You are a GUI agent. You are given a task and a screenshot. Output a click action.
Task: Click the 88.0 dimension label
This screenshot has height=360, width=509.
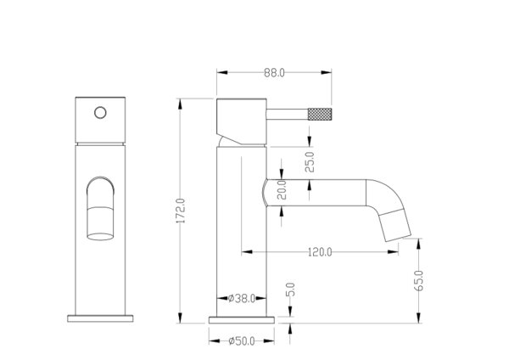tap(274, 73)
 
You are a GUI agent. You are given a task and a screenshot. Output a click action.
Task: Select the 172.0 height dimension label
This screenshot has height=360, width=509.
tap(181, 211)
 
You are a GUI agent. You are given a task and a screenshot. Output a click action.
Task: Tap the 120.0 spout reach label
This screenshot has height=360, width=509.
tap(320, 252)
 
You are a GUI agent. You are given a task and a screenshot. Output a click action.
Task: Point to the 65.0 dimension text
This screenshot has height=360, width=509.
tap(419, 280)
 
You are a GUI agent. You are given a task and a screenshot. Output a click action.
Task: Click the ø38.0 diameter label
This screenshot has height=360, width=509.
tap(242, 298)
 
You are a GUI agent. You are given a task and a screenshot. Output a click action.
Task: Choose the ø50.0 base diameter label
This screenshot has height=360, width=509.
tap(242, 341)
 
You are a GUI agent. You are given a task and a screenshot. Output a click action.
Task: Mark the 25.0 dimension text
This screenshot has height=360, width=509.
tap(310, 162)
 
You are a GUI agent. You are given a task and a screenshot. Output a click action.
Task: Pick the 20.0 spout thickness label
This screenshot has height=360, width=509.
tap(282, 189)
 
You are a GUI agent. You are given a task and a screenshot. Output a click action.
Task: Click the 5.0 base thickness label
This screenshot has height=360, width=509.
tap(291, 290)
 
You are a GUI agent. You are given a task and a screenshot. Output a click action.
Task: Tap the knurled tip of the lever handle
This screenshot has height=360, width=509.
tap(320, 114)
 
